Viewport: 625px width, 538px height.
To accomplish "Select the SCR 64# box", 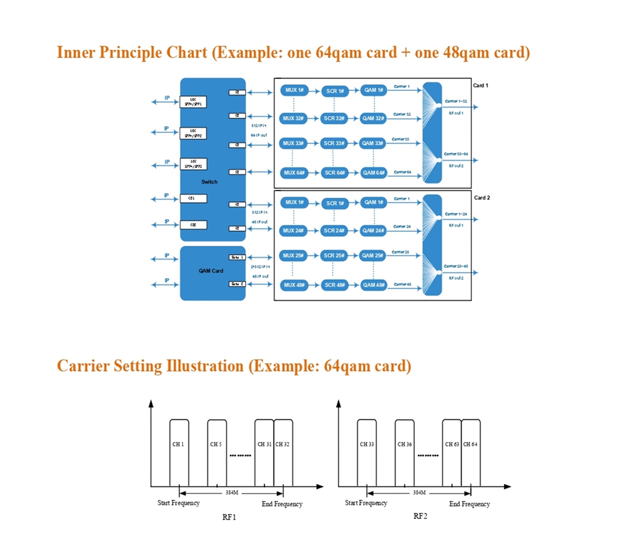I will tap(334, 173).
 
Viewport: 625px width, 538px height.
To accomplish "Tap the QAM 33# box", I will tap(374, 143).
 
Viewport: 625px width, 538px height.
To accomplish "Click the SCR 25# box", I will tap(334, 256).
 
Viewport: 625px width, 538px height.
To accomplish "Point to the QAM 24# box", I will tap(374, 231).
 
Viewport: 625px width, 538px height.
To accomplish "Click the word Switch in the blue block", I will tap(209, 182).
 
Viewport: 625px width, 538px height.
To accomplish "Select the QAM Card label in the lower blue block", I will tap(211, 271).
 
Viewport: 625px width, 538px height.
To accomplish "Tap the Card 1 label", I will tap(481, 85).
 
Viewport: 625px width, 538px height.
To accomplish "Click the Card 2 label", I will tap(481, 197).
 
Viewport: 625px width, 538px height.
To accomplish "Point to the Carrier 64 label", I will tap(402, 172).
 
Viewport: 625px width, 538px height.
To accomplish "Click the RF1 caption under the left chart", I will tap(229, 517).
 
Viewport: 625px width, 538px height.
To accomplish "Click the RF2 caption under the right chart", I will tap(420, 516).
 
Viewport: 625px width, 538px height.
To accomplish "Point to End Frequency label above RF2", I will tap(469, 504).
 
